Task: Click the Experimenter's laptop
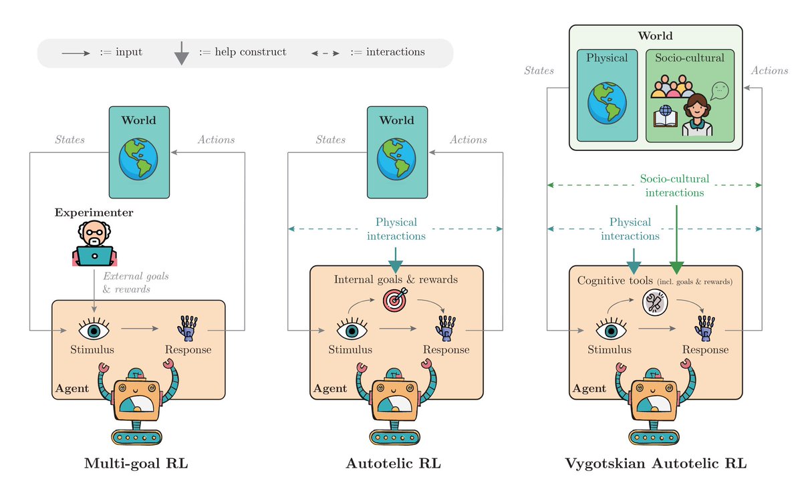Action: point(94,256)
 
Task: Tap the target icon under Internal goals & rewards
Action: point(394,300)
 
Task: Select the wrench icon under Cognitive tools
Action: point(653,302)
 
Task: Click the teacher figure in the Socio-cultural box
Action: point(697,115)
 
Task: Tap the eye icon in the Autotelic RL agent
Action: point(351,329)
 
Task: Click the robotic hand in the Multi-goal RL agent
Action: point(187,328)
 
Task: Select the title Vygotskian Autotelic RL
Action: point(656,463)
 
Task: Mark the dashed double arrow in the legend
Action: point(325,53)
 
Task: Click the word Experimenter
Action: point(94,212)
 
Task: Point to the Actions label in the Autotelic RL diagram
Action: point(468,140)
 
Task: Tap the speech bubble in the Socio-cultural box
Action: point(719,90)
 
